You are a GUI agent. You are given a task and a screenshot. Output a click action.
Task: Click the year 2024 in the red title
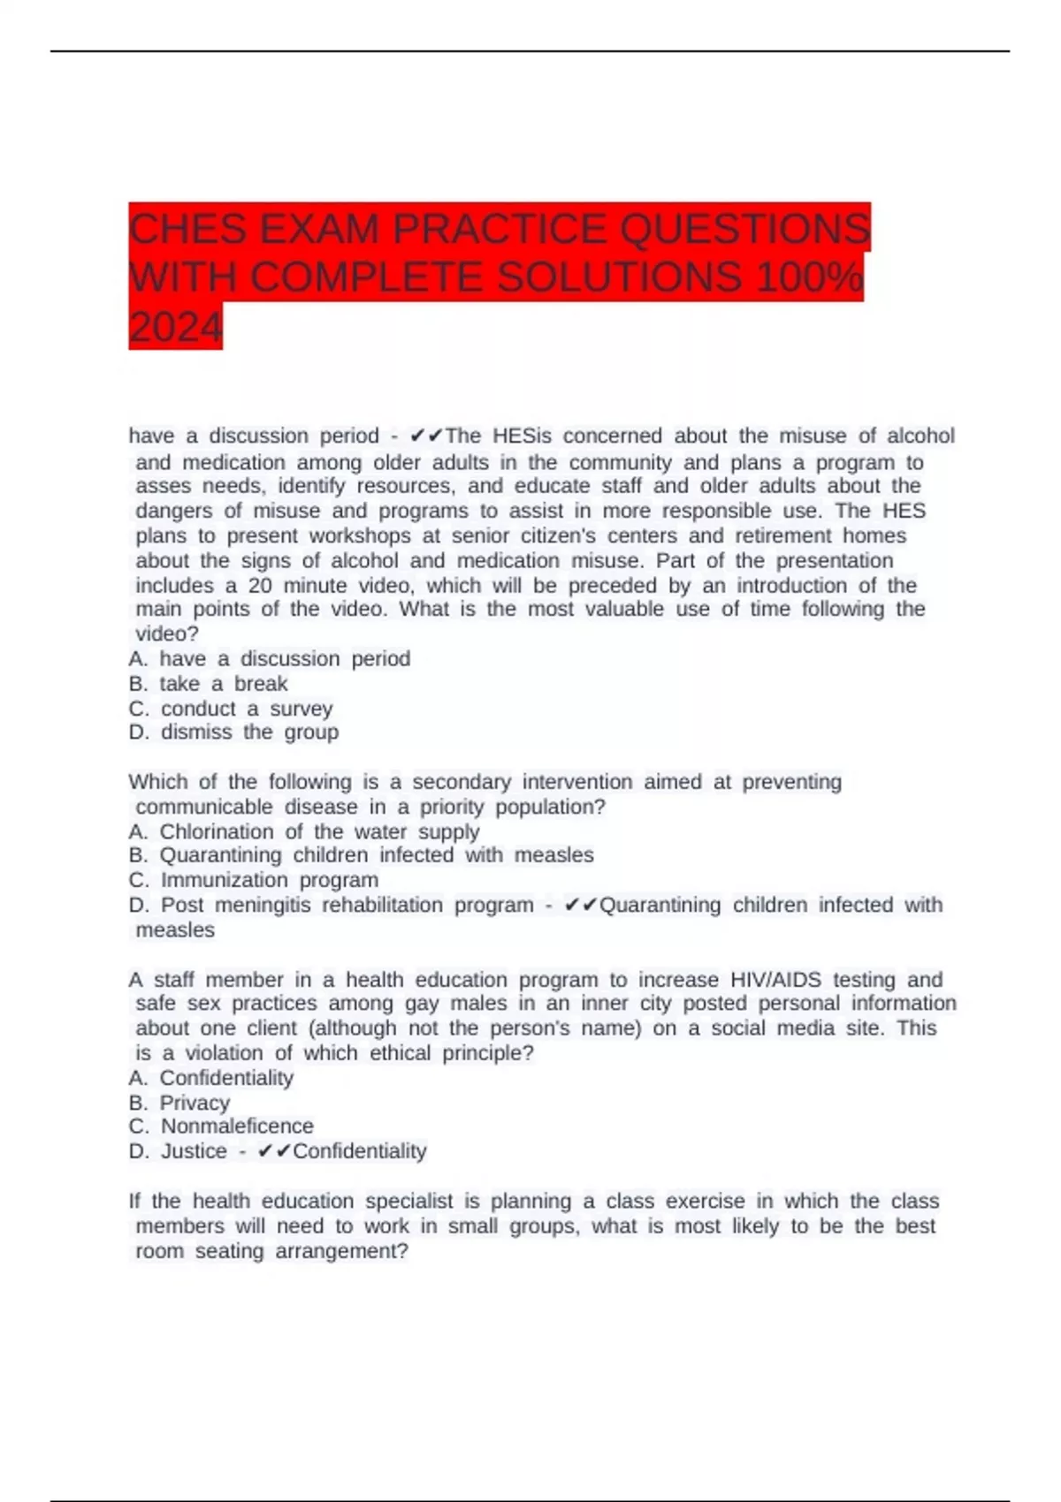coord(175,327)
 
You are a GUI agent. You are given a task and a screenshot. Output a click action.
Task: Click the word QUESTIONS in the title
coord(744,230)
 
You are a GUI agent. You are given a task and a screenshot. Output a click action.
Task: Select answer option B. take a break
coord(209,684)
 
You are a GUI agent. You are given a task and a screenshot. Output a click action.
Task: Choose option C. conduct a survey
coord(231,709)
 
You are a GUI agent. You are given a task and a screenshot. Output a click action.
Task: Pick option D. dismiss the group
coord(233,732)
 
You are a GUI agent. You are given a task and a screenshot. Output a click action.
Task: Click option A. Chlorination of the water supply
coord(304,831)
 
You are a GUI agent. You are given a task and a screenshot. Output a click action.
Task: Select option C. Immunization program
coord(254,880)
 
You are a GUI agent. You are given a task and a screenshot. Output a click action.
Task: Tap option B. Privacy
coord(179,1103)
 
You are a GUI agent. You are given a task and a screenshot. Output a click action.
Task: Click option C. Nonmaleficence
coord(221,1126)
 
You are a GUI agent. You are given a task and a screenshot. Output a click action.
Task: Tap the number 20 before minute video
coord(260,586)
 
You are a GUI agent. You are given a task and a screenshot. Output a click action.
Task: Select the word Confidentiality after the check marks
coord(360,1151)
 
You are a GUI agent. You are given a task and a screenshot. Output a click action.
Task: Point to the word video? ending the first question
coord(167,634)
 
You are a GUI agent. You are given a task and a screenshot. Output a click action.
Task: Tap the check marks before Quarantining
coord(581,906)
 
